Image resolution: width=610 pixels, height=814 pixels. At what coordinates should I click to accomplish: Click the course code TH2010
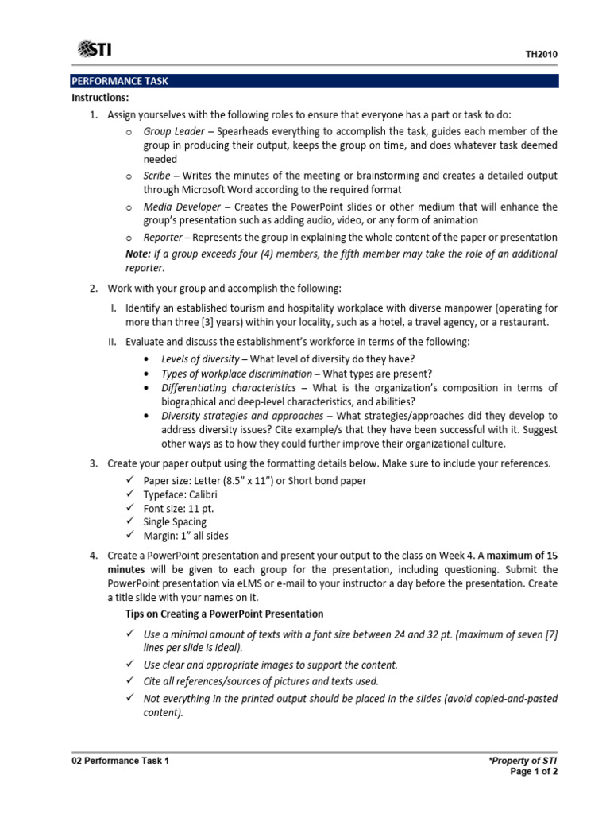click(542, 55)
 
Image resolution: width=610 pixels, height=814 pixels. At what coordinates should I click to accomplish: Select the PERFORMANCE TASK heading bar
click(315, 81)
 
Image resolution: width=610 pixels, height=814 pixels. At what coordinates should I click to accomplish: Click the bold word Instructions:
click(100, 98)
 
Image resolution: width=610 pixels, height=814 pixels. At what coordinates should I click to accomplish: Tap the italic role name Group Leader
click(173, 131)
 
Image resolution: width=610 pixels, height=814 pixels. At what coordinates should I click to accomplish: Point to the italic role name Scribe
click(157, 176)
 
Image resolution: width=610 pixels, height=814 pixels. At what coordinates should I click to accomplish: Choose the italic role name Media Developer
click(182, 207)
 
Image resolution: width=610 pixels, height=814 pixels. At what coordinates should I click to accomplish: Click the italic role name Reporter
click(164, 238)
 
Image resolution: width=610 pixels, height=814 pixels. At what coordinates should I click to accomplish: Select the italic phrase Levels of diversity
click(200, 359)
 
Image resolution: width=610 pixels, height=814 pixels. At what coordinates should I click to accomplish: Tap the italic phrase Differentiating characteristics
click(229, 388)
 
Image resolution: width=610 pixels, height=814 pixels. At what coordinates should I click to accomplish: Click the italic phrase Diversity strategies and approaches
click(241, 416)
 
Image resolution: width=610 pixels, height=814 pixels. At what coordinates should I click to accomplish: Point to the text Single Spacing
click(175, 522)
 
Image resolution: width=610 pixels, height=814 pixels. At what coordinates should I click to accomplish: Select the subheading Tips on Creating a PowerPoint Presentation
click(225, 614)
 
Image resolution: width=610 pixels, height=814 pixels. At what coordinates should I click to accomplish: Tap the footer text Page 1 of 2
click(534, 772)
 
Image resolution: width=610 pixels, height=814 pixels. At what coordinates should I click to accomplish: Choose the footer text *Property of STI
click(523, 761)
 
